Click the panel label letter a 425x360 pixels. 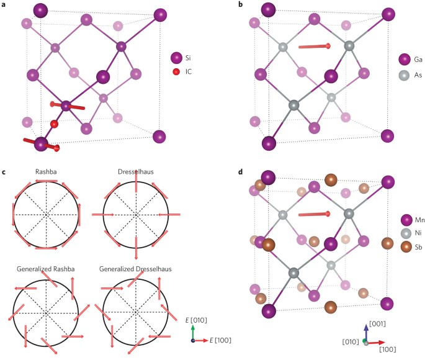pos(4,5)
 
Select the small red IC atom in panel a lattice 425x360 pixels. pos(54,124)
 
